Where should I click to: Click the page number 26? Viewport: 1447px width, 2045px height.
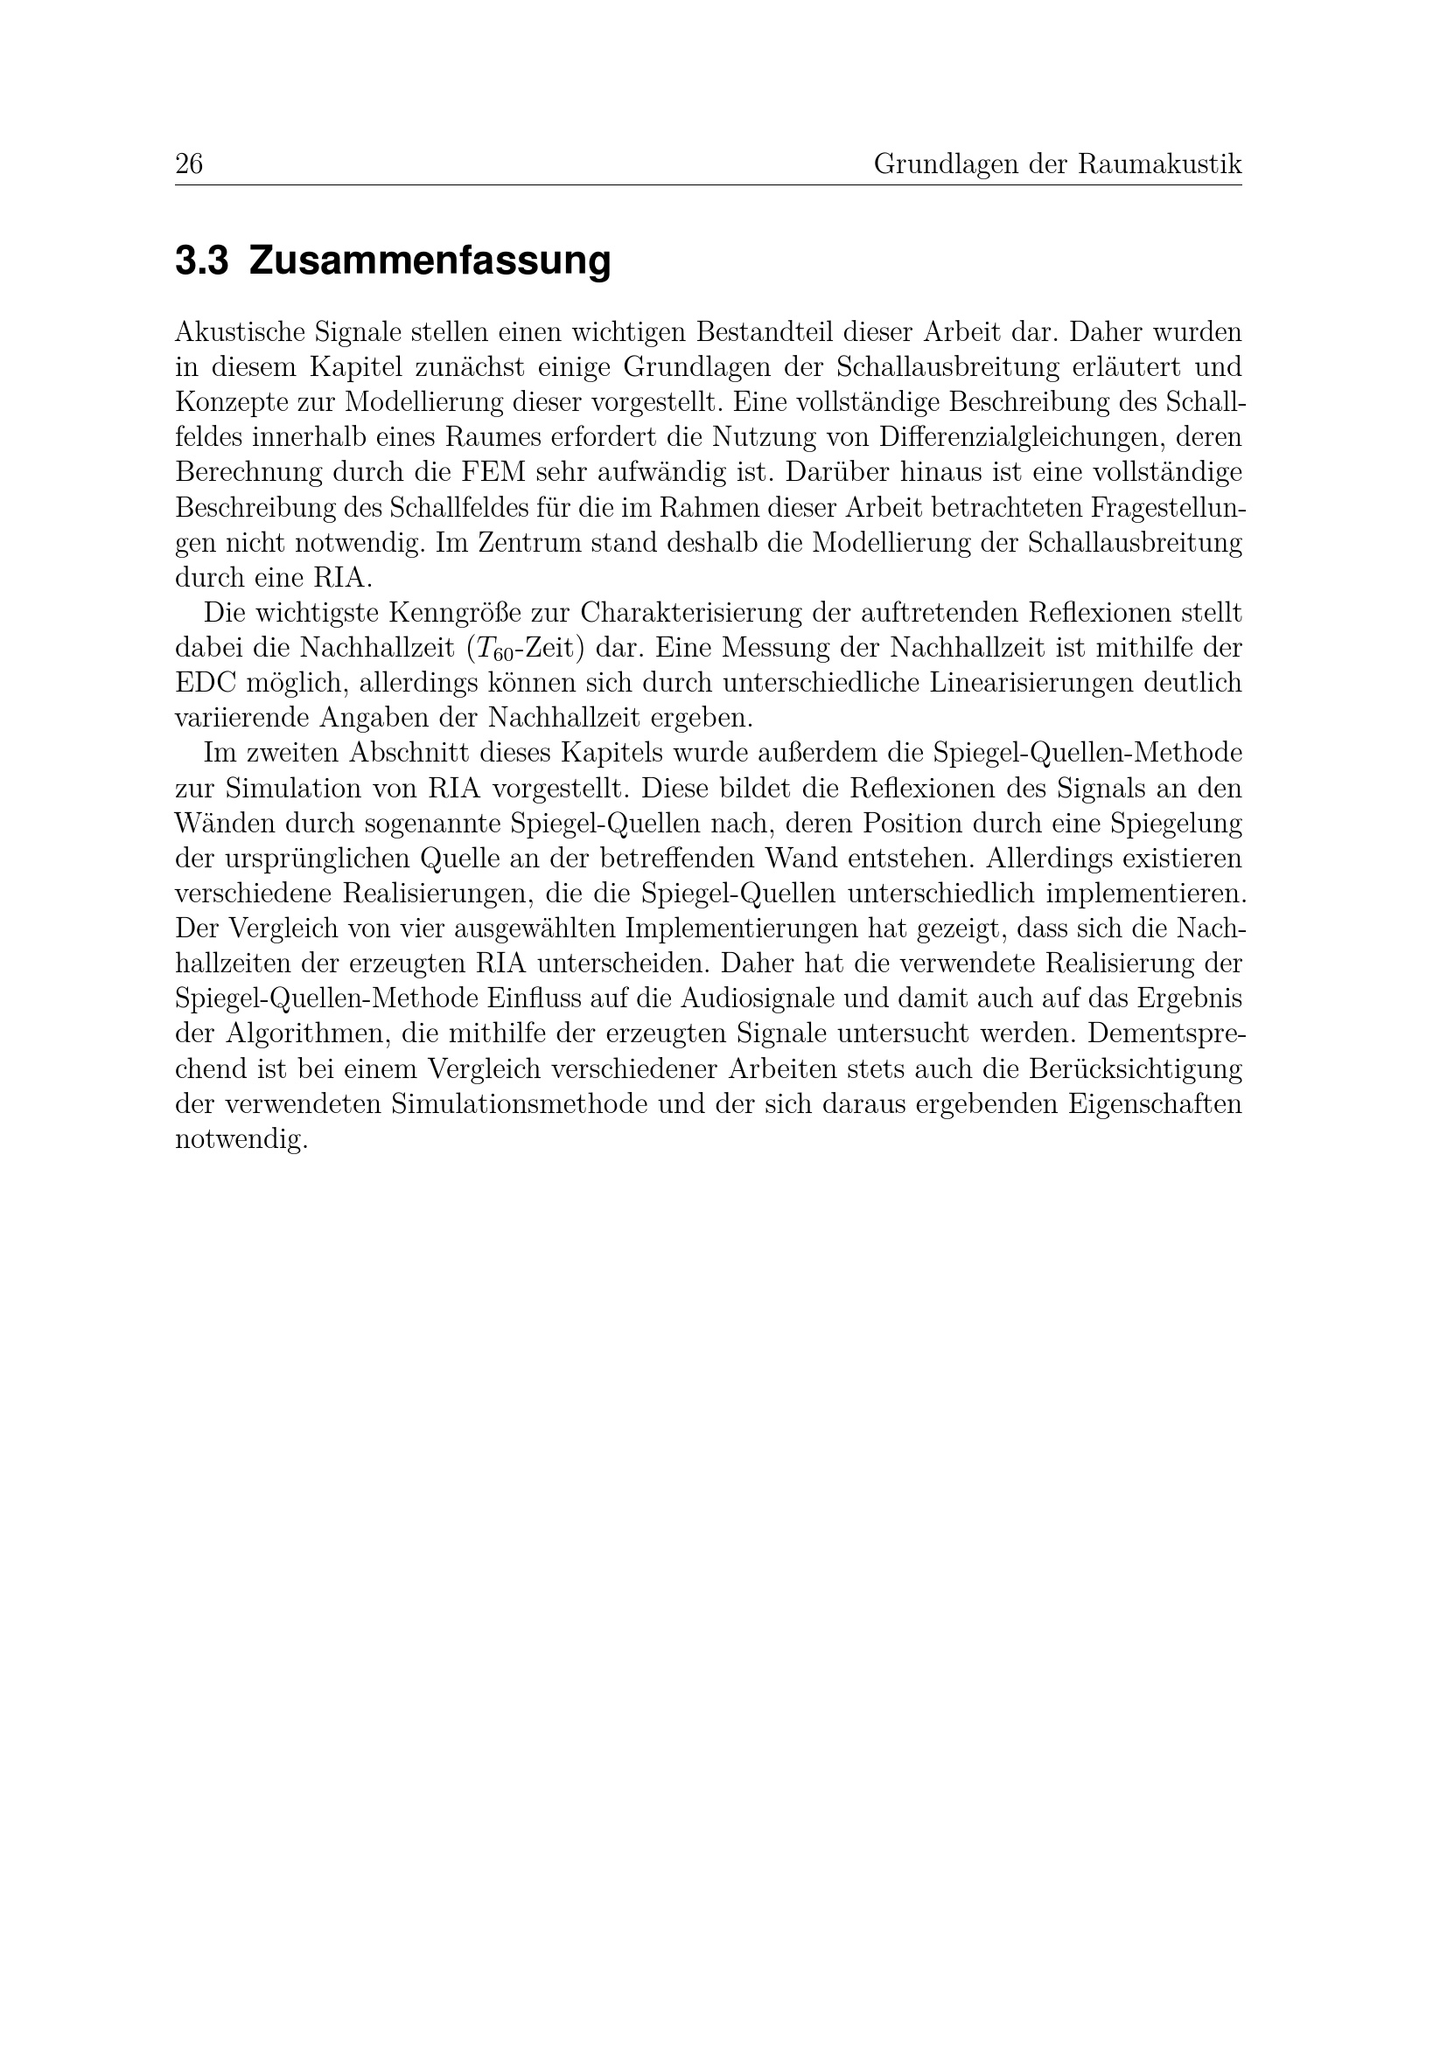click(189, 164)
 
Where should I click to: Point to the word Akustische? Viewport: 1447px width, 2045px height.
click(239, 332)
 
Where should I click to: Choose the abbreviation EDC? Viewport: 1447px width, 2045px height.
click(206, 683)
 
